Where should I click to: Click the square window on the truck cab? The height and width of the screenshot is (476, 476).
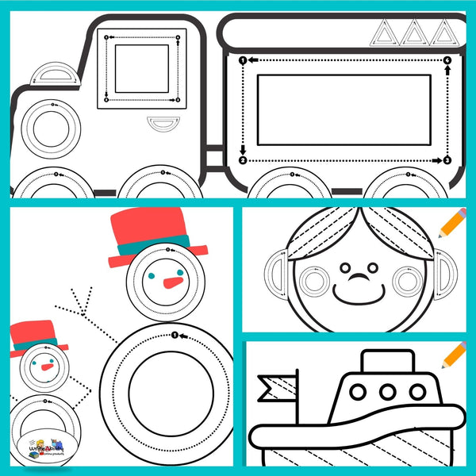point(141,69)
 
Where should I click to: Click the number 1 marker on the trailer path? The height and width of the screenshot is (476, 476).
point(243,60)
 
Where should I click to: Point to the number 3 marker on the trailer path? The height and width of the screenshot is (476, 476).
point(447,161)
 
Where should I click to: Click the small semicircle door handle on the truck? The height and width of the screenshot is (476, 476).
point(164,123)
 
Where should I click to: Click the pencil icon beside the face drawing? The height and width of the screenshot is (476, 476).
point(451,224)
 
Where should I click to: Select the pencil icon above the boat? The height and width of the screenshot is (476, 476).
point(454,355)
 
